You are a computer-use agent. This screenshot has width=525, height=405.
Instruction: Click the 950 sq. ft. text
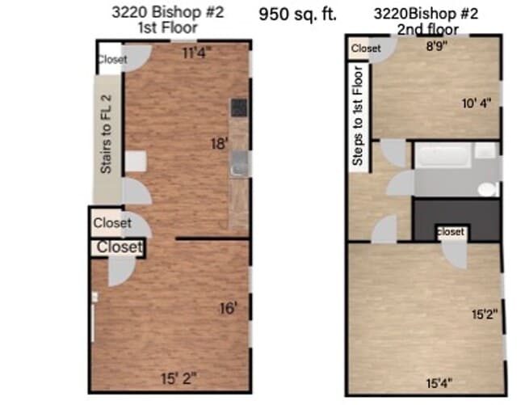coord(298,14)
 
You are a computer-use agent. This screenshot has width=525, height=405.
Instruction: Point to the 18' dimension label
coord(219,144)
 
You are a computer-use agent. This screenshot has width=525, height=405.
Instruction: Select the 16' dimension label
coord(229,308)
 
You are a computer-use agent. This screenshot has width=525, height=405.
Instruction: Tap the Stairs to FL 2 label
coord(106,135)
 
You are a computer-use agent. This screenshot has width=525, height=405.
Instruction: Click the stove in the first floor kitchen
coord(238,108)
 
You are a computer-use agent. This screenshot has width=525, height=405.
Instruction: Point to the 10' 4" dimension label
coord(477,103)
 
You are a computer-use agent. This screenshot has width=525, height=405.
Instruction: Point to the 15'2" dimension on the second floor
coord(484,312)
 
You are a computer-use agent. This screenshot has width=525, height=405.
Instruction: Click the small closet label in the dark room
coord(451,232)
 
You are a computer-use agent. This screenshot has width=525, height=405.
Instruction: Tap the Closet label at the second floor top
coord(366,49)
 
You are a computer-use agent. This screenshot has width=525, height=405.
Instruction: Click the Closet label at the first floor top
coord(112,59)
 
